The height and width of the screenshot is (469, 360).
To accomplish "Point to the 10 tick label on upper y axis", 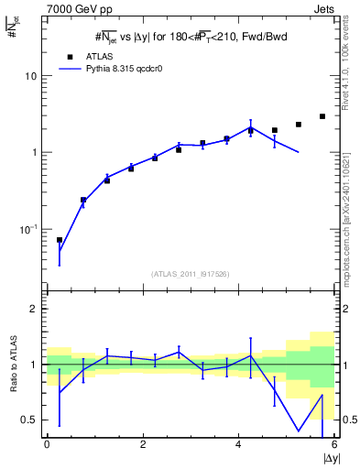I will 30,76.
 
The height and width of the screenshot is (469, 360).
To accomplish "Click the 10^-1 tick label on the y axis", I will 27,228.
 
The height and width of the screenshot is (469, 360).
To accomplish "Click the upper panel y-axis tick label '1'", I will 35,152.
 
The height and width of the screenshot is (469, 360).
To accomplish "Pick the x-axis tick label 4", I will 239,444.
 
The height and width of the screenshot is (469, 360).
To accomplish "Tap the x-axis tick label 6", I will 334,444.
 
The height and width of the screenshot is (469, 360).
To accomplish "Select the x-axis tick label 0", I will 47,444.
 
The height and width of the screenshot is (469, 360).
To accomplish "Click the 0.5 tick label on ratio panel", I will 29,420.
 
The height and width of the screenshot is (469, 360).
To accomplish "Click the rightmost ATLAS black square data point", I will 322,116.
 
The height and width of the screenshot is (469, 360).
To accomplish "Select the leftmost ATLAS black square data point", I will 60,240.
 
